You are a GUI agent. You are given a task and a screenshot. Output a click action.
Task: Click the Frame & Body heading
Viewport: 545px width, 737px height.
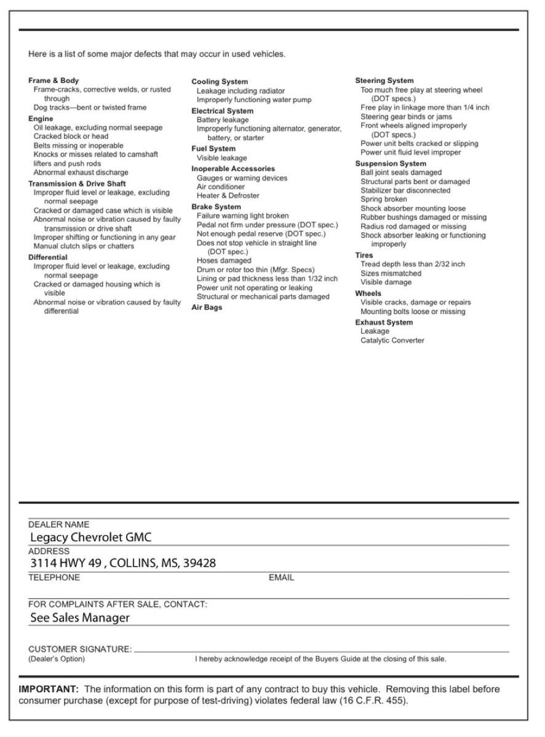click(x=54, y=80)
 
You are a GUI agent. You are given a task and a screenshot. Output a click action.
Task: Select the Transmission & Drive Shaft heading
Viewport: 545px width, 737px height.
click(x=77, y=183)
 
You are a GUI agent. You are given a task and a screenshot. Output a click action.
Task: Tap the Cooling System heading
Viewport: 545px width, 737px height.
click(x=220, y=82)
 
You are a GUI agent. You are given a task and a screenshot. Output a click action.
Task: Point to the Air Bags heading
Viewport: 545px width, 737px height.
click(x=207, y=308)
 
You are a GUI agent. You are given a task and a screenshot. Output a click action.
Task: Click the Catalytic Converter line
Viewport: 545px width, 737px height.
click(x=392, y=340)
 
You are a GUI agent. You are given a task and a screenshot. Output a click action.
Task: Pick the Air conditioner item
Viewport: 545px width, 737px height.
click(x=220, y=187)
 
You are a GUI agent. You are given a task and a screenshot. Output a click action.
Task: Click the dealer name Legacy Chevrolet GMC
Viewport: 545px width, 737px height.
click(x=91, y=537)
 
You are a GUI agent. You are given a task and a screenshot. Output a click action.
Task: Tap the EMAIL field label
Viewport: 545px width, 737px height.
click(x=281, y=578)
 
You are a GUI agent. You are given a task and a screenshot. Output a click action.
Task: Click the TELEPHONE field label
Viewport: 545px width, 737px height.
click(x=54, y=578)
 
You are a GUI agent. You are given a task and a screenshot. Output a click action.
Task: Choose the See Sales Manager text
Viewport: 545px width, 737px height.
click(x=80, y=618)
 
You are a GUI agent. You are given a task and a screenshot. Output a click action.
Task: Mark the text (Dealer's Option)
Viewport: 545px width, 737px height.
click(x=57, y=659)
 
